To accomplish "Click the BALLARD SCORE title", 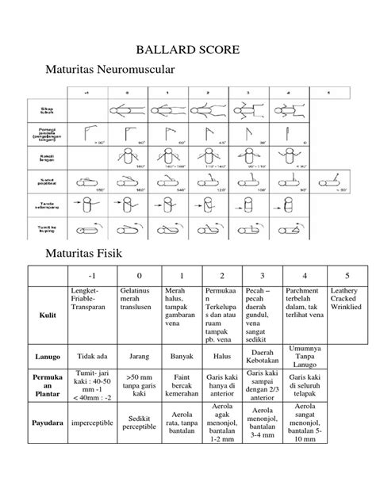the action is point(187,51).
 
